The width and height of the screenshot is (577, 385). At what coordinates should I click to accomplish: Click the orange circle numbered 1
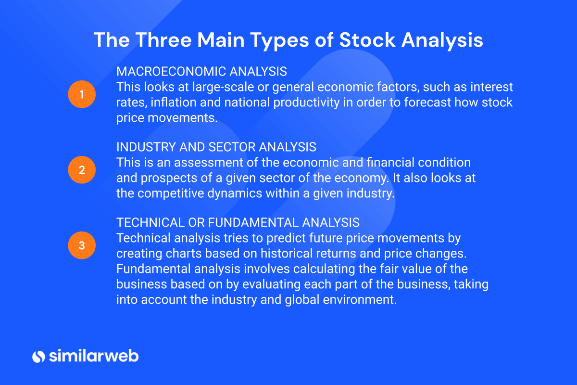82,94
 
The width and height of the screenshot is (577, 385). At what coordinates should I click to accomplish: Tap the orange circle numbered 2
82,170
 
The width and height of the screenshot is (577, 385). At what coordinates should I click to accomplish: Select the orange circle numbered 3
82,245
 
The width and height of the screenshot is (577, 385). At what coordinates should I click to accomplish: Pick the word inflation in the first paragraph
174,103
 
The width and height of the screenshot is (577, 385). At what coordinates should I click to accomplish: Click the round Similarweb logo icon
38,356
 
